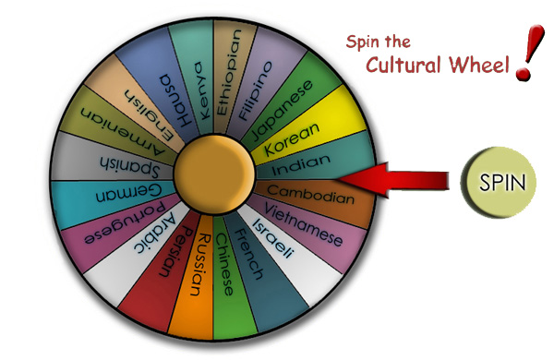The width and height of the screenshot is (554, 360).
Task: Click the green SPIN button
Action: pos(501,181)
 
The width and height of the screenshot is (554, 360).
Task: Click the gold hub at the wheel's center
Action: pos(212,173)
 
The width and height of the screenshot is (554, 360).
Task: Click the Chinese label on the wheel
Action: pos(226,263)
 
